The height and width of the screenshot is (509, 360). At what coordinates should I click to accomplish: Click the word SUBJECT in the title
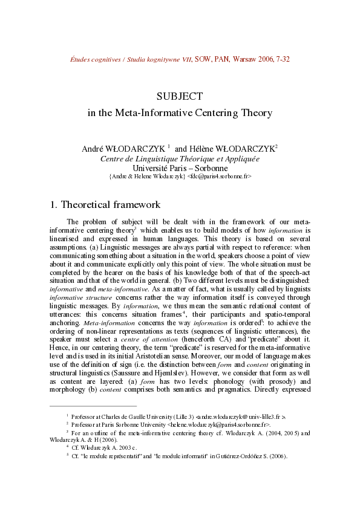coord(179,96)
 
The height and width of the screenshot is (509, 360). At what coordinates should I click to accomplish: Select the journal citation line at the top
coord(180,59)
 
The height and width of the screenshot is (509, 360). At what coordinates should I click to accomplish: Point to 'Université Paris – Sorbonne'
coord(180,167)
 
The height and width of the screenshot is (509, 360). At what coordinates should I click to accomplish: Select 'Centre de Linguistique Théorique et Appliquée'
coord(180,158)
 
